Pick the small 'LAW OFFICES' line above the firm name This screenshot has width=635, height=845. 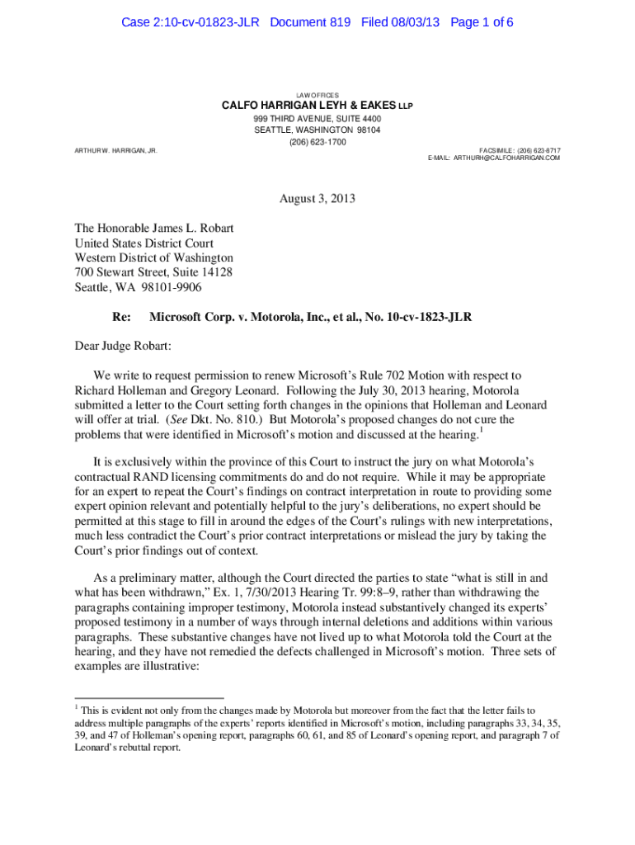tap(317, 95)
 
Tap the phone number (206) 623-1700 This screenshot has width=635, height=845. tap(317, 142)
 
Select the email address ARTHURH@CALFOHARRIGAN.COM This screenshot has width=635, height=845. tap(506, 158)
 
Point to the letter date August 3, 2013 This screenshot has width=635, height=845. tap(317, 199)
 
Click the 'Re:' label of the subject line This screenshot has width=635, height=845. tap(121, 317)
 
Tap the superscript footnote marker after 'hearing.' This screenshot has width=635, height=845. tap(481, 430)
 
